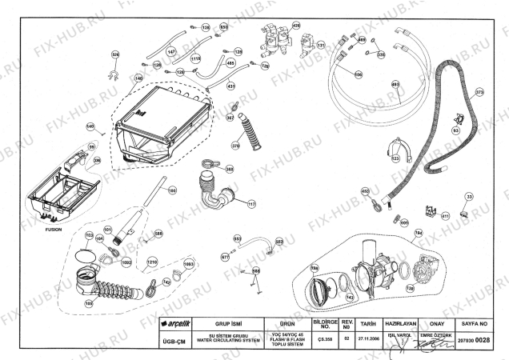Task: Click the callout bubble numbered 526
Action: [114, 54]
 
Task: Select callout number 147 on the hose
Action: [170, 52]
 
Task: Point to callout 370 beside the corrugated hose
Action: [236, 146]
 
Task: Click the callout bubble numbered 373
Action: [479, 92]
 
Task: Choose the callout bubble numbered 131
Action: [321, 46]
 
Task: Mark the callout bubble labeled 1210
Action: [152, 262]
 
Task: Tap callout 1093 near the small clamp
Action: [189, 263]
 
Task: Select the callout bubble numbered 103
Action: [90, 236]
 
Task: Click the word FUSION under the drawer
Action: [54, 228]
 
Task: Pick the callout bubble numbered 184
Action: [418, 233]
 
